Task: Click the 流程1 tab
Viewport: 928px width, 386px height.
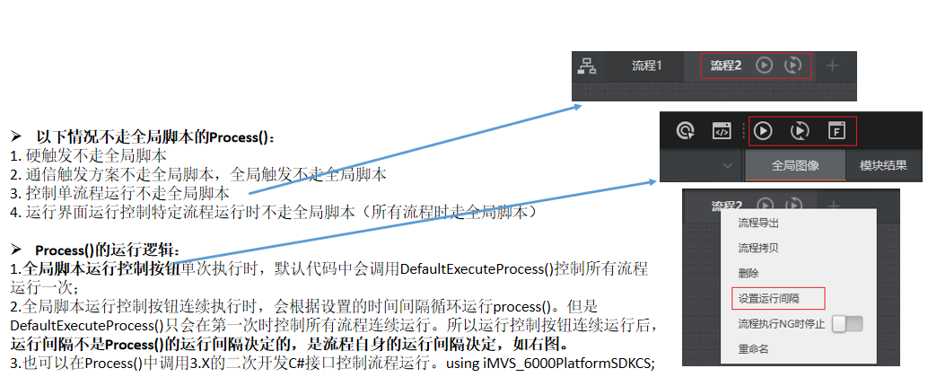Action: point(646,66)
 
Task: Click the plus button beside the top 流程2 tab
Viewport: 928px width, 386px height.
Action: point(832,66)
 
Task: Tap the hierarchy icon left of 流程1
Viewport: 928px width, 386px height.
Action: point(587,66)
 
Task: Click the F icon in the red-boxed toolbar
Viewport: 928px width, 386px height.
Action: point(836,131)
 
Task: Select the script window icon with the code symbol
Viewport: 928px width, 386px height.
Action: point(722,131)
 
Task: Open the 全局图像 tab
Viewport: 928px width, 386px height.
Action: point(794,165)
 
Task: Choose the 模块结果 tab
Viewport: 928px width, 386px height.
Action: point(883,165)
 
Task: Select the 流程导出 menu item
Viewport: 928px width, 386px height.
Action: point(757,224)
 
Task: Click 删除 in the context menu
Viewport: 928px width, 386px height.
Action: point(748,273)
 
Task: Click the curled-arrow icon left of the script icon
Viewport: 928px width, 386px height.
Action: point(686,131)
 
